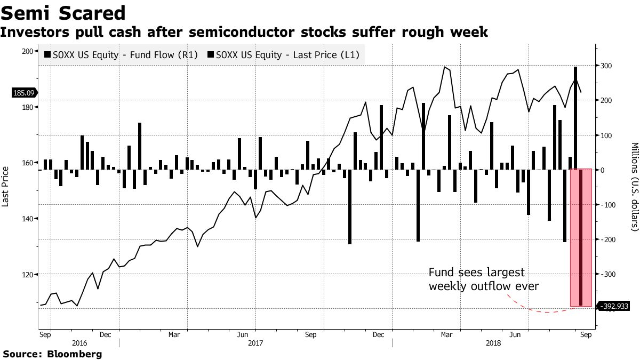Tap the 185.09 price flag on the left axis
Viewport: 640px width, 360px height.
[23, 93]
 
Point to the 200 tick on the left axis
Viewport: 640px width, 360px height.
[26, 51]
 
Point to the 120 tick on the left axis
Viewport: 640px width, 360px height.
[26, 275]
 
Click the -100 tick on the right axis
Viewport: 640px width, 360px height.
[608, 205]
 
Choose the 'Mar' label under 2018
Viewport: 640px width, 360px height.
[446, 335]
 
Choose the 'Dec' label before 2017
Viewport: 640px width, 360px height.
[105, 335]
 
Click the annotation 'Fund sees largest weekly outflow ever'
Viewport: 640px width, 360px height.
[483, 279]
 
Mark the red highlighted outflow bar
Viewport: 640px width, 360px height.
[581, 237]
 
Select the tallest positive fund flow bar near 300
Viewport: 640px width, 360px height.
[575, 117]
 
